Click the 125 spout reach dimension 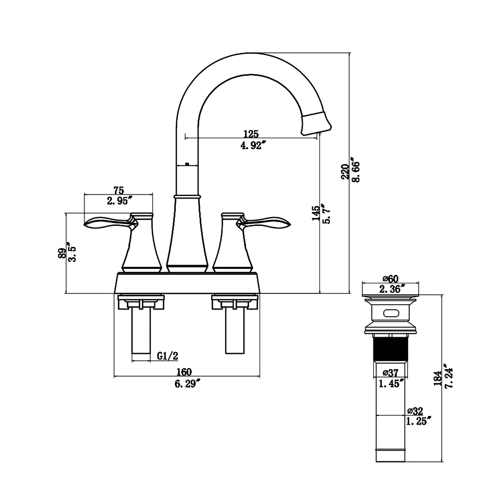click(x=251, y=134)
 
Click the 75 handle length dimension click(x=119, y=190)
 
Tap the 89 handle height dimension click(x=61, y=253)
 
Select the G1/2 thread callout click(x=167, y=356)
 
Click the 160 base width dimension click(x=184, y=372)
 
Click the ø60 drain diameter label click(x=390, y=279)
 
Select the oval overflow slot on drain click(x=390, y=313)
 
